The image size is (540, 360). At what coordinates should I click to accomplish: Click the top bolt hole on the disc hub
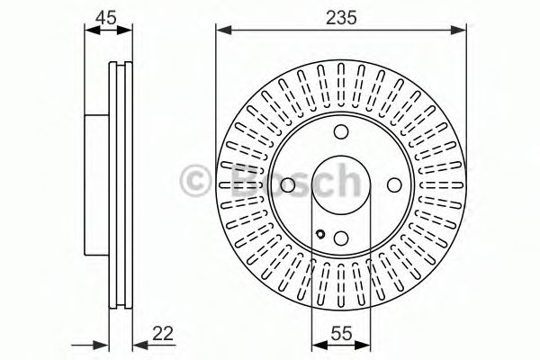pos(342,132)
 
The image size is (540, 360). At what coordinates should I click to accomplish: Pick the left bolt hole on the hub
pos(288,185)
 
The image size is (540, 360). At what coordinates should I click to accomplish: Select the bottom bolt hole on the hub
pos(342,238)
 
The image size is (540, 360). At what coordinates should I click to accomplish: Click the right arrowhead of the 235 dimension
pos(462,31)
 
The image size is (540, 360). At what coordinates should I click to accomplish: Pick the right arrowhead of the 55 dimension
pos(366,345)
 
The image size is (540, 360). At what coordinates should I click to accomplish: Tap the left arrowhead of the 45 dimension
pos(90,31)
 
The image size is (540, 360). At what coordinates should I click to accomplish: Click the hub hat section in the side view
pos(97,185)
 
